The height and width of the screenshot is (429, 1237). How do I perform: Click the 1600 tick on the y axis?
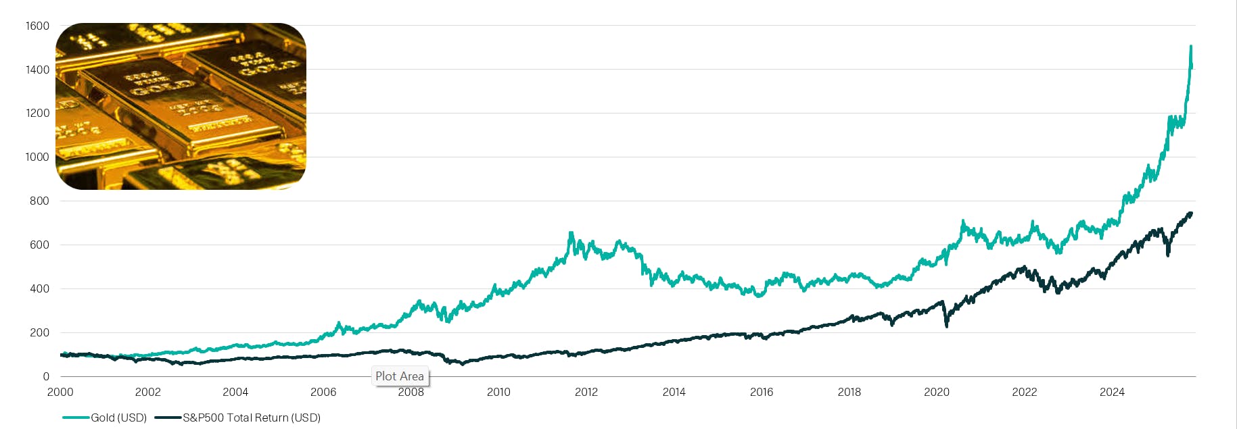coord(37,26)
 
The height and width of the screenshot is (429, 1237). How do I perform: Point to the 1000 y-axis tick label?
coord(37,157)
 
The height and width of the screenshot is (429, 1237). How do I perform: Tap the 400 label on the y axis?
coord(39,288)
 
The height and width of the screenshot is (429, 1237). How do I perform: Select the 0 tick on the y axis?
coord(46,376)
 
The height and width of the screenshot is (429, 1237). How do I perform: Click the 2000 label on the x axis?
coord(60,392)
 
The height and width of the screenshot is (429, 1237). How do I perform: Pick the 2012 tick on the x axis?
coord(586,392)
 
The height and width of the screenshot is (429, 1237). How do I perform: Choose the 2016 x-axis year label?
coord(762,392)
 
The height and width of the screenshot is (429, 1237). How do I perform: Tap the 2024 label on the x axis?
coord(1112,392)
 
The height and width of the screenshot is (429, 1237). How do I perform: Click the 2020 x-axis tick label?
coord(937,392)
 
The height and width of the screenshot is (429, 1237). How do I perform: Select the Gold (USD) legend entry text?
coord(119,418)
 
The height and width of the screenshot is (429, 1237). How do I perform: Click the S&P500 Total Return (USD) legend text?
coord(252,418)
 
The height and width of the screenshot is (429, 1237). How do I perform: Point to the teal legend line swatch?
coord(76,418)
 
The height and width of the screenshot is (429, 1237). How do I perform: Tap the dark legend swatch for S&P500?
coord(168,418)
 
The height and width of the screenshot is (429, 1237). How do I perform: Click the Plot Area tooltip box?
coord(400,376)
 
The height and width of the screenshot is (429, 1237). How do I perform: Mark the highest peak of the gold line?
coord(1190,47)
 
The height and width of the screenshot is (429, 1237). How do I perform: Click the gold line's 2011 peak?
coord(571,233)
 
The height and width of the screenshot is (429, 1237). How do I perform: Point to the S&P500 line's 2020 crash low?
coord(946,326)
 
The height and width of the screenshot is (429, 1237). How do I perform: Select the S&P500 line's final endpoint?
coord(1191,213)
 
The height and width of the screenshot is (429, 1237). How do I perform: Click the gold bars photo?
coord(181,106)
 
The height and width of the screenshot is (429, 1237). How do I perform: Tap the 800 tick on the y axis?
coord(39,201)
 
